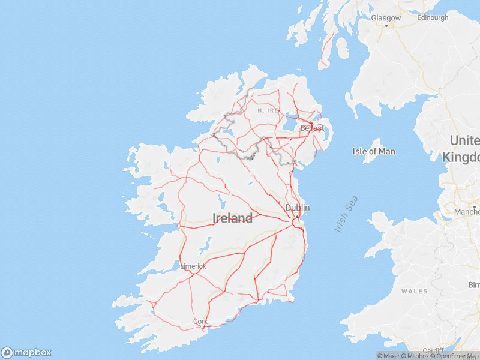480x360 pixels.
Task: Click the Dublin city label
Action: [x=298, y=208]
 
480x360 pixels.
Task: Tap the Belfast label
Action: [x=312, y=128]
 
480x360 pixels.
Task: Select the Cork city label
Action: [x=200, y=322]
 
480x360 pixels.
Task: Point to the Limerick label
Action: [x=193, y=266]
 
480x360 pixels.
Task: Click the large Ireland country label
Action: [x=233, y=218]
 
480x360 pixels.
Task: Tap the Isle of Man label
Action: [x=374, y=151]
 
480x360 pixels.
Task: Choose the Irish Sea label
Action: [x=346, y=214]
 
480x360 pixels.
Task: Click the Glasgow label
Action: [x=386, y=18]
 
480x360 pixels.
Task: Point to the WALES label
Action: [x=415, y=291]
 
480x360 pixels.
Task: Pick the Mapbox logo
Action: [x=26, y=353]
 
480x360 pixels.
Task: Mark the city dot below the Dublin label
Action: [x=297, y=217]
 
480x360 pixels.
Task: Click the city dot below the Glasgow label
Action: [x=386, y=26]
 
